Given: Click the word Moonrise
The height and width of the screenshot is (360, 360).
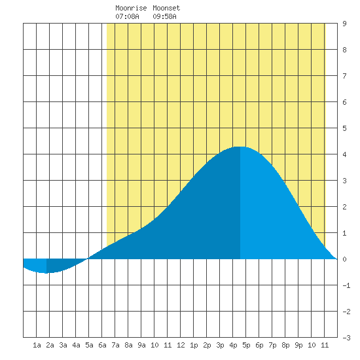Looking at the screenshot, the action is coord(131,8).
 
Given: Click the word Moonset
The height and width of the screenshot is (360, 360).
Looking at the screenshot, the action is coord(166,8).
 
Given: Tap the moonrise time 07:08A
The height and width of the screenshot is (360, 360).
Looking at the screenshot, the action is coord(127,16).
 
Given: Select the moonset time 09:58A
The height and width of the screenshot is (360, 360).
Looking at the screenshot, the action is coord(164,16).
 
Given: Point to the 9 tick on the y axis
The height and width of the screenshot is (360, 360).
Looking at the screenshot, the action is coord(344,24).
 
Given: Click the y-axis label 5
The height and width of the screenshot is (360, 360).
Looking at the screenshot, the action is coord(344,128).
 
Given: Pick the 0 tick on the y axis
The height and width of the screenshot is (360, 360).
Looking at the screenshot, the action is coord(344,259).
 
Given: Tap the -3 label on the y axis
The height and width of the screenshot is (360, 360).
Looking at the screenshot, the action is coord(346,338).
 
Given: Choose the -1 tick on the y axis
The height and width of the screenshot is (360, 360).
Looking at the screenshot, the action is coord(346,285).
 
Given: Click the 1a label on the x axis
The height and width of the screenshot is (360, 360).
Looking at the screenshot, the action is coord(37,345).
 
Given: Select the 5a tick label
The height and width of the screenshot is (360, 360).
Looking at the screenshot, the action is coord(89,345).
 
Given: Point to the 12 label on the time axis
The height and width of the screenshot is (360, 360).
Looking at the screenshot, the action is coord(181,345).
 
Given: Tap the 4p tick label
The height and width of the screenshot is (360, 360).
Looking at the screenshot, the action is coord(233,345).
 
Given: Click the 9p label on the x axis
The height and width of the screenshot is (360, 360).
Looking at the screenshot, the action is coord(298,345).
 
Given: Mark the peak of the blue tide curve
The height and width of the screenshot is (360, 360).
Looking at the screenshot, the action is coord(240,147).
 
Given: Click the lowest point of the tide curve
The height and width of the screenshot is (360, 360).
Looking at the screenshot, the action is coord(46,273).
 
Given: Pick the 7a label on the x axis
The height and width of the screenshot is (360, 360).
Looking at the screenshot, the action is coord(115,345).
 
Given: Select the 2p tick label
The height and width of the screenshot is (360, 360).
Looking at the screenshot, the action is coord(207,345).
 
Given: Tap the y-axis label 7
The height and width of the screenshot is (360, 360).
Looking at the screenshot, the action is coord(344,76).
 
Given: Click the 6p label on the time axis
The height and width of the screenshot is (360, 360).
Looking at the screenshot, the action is coord(259,345).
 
